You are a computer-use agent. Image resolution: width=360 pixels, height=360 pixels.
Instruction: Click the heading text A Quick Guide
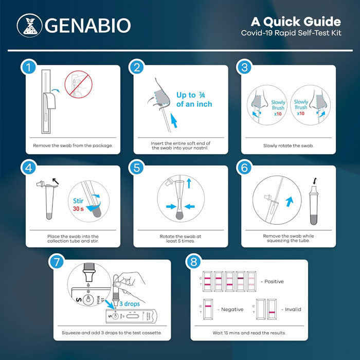295,22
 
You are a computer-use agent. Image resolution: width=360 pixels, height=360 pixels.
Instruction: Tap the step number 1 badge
28,67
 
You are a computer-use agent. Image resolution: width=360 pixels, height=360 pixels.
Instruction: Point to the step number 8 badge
193,262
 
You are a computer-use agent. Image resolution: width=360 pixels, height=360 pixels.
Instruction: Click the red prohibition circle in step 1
78,84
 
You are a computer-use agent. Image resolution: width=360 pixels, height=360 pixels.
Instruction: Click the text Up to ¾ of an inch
194,99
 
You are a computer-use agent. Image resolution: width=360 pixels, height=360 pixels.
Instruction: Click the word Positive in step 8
273,281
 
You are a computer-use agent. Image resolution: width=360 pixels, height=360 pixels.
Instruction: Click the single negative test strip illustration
208,310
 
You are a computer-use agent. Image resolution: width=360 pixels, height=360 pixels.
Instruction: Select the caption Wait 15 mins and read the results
249,333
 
